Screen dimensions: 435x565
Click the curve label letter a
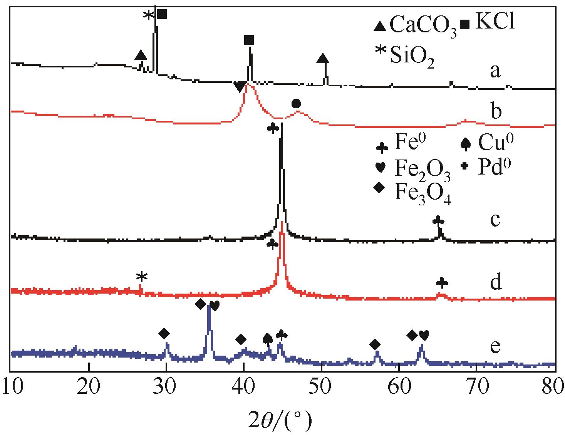tap(495, 71)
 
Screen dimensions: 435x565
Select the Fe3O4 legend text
tap(422, 191)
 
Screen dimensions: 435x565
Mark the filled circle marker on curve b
tap(296, 104)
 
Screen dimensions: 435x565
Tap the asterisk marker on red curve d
tap(142, 277)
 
